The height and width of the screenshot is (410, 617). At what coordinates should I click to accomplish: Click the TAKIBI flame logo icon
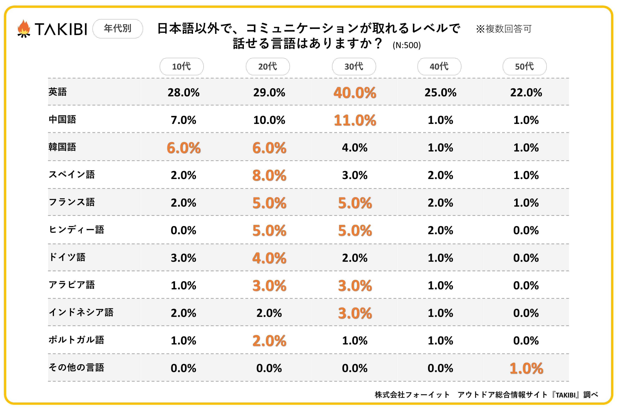point(24,29)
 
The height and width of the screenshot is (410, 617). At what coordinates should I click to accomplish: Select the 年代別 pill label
point(118,29)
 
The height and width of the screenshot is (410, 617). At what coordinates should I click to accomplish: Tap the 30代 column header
point(354,66)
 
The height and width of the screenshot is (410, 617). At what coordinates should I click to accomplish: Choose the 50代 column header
point(524,66)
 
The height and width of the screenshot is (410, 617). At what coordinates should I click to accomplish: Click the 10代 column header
point(182,66)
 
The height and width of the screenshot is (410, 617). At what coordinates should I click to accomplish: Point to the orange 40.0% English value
point(355,93)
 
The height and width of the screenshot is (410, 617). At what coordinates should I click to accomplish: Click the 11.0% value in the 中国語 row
point(355,120)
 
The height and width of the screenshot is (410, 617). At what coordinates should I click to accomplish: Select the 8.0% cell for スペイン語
point(269,175)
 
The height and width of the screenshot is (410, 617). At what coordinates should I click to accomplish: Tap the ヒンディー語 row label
point(76,230)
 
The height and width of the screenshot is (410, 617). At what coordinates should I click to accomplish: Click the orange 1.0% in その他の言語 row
point(526,368)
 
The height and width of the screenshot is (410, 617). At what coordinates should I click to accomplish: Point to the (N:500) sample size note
point(407,45)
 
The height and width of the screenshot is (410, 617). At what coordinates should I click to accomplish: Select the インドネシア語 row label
point(81,312)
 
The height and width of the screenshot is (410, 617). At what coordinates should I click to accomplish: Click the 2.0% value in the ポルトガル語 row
point(269,341)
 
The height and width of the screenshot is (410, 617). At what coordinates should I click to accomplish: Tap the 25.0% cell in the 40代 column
point(440,93)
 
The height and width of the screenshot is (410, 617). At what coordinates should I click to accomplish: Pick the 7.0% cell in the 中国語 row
point(184,120)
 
